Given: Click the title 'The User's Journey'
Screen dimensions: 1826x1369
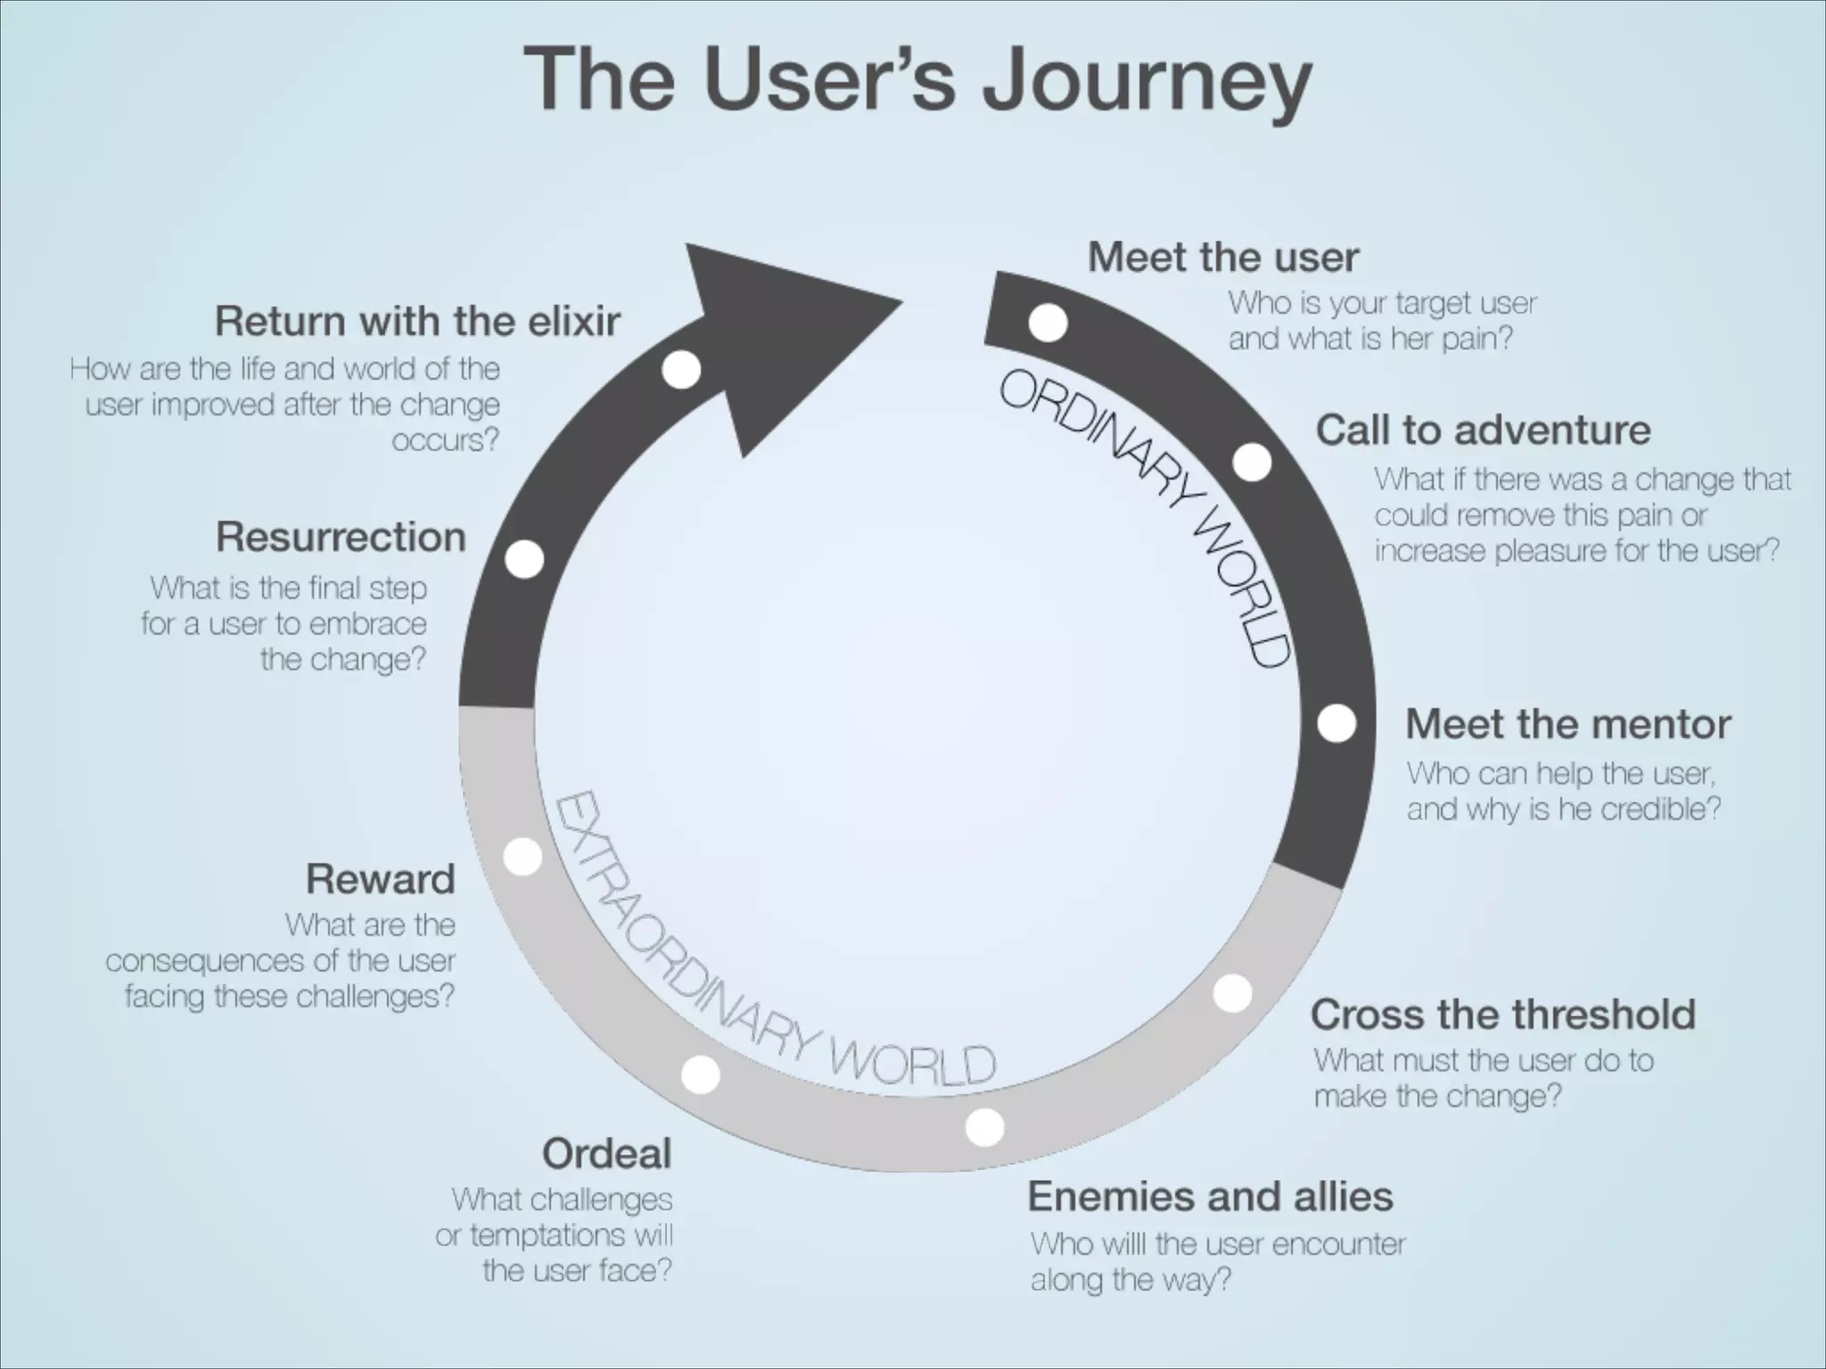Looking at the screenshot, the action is [917, 81].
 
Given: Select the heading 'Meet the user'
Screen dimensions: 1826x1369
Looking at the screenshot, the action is [1223, 258].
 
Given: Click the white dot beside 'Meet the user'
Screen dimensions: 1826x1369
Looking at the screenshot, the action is [1048, 323].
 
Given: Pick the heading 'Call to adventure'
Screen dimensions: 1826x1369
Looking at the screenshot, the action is [1484, 430].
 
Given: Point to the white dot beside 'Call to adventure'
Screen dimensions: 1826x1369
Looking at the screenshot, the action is [1253, 462].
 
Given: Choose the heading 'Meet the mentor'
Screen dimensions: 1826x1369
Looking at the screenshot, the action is [1568, 724].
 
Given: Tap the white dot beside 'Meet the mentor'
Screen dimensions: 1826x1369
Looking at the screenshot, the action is [1337, 723].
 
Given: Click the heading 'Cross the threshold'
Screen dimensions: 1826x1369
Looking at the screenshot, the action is [1503, 1014].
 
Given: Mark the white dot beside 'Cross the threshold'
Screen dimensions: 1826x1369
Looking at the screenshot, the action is [1233, 993].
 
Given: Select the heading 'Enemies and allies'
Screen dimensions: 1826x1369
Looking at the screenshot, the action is [1210, 1196].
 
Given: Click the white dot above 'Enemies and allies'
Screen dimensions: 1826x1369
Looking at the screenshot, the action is [984, 1127].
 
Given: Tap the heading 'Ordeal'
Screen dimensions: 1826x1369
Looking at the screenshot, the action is [606, 1154].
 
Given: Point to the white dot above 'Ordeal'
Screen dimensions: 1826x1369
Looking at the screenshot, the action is [700, 1075].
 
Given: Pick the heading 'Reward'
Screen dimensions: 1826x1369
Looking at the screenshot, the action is [381, 879].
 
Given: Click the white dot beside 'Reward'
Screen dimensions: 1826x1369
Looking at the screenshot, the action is [522, 857].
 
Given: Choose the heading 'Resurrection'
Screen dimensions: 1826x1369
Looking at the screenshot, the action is [341, 537].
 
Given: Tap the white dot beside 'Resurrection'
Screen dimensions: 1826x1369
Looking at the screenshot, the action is [524, 560].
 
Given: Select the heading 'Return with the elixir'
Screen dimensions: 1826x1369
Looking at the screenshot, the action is [417, 322].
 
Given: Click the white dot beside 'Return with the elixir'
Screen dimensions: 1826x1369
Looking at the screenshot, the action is [681, 370].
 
